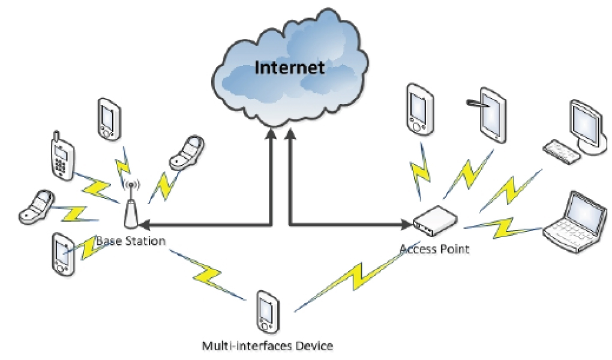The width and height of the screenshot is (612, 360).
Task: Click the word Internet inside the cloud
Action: tap(290, 67)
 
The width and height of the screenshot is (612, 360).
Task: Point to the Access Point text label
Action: tap(435, 248)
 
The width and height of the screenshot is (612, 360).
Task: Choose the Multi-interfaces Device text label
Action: tap(267, 346)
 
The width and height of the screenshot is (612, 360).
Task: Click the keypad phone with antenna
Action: tap(62, 155)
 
